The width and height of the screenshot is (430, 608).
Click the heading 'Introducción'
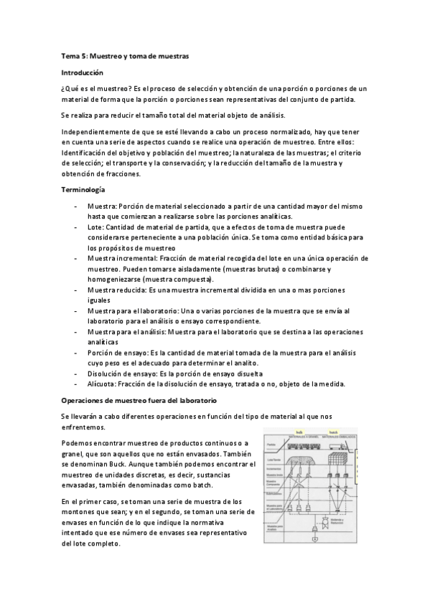pos(83,72)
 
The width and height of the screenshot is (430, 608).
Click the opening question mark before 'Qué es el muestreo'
pos(63,89)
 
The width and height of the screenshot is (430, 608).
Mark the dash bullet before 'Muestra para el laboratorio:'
pos(76,310)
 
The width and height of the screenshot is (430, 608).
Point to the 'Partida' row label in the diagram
pos(270,445)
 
